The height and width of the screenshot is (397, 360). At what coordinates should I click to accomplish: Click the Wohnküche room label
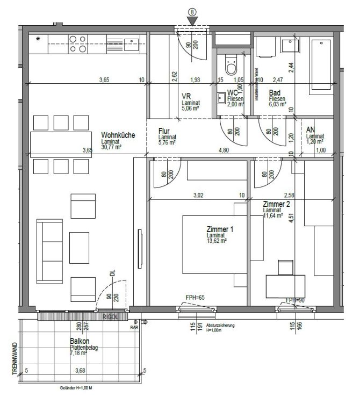pyautogui.click(x=117, y=135)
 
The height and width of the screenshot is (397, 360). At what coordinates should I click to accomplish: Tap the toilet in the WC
pyautogui.click(x=232, y=67)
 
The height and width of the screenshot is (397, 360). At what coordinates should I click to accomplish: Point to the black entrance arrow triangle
pyautogui.click(x=192, y=20)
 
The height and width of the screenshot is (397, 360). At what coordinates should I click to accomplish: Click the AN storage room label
pyautogui.click(x=310, y=130)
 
